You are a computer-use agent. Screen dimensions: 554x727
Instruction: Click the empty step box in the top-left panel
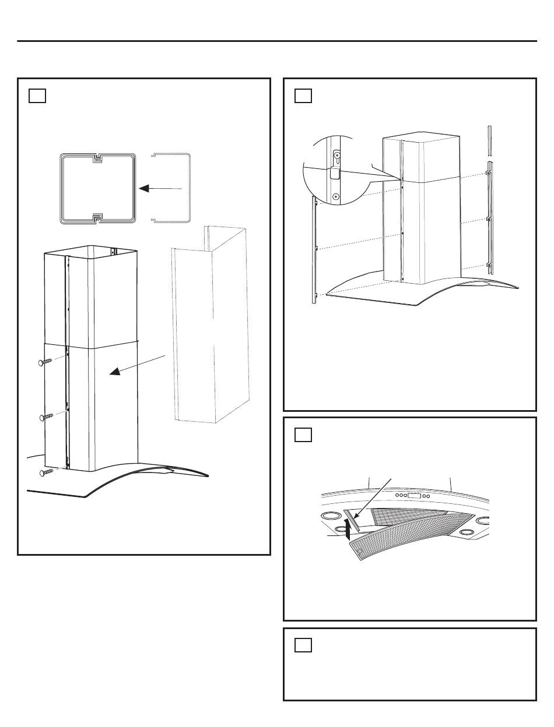pyautogui.click(x=37, y=96)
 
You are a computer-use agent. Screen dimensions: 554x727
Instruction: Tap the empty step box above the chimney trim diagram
pyautogui.click(x=303, y=96)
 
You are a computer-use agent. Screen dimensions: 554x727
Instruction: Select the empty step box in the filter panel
pyautogui.click(x=303, y=435)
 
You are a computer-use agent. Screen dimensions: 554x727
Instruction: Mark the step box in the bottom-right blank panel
pyautogui.click(x=303, y=645)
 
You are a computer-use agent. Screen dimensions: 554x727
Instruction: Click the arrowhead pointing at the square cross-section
pyautogui.click(x=143, y=188)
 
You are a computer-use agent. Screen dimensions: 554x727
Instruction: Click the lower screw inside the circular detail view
pyautogui.click(x=335, y=197)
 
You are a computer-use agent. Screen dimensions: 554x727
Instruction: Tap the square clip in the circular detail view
pyautogui.click(x=335, y=173)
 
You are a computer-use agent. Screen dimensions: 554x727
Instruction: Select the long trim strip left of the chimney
pyautogui.click(x=315, y=249)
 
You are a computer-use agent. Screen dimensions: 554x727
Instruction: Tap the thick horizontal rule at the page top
pyautogui.click(x=277, y=41)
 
